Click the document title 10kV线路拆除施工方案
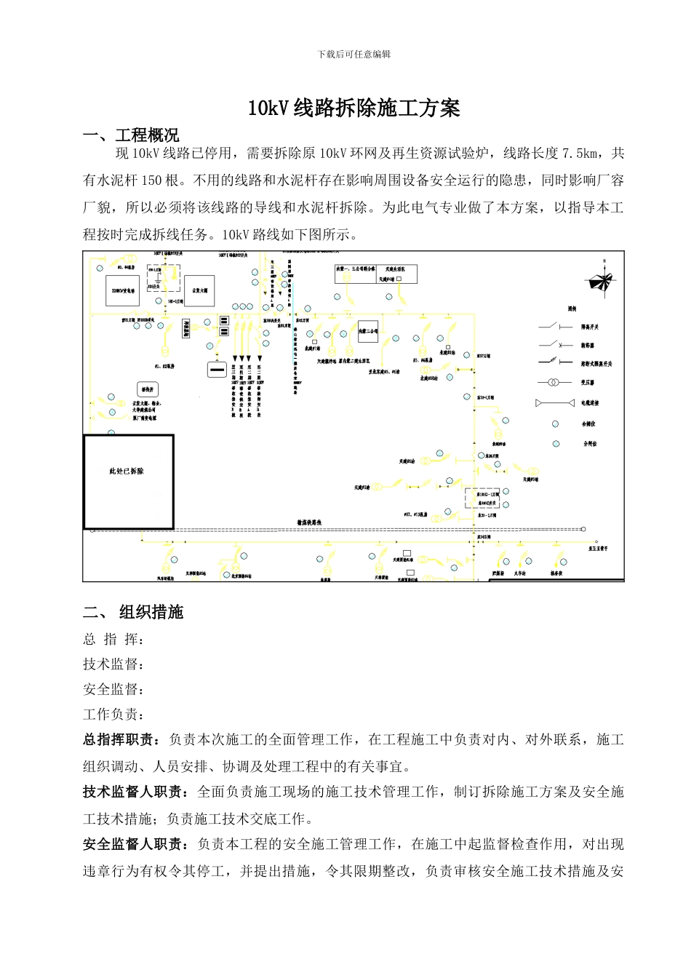(x=354, y=108)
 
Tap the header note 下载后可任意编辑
(x=354, y=54)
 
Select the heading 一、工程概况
(x=131, y=135)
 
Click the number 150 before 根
(x=151, y=180)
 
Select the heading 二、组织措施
(x=133, y=612)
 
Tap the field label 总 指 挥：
(x=113, y=640)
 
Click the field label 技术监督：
(x=113, y=664)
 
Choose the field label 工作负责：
(x=113, y=715)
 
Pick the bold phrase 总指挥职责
(x=119, y=740)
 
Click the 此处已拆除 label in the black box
(x=127, y=472)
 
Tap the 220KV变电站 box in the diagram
(x=122, y=290)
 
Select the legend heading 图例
(x=572, y=309)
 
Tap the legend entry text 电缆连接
(x=590, y=403)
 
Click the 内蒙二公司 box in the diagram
(x=368, y=331)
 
